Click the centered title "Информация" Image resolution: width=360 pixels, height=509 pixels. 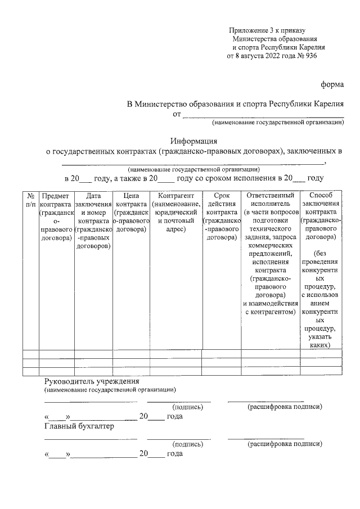pyautogui.click(x=194, y=141)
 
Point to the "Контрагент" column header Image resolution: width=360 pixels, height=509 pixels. pyautogui.click(x=176, y=195)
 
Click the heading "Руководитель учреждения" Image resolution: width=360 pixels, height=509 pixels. pyautogui.click(x=88, y=381)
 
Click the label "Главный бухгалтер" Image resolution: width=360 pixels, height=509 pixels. pyautogui.click(x=79, y=426)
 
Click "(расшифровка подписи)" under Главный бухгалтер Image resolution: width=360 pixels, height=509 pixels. pyautogui.click(x=285, y=444)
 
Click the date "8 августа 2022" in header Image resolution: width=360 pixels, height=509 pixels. pyautogui.click(x=264, y=56)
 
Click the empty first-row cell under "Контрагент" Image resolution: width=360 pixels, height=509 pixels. pyautogui.click(x=176, y=354)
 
